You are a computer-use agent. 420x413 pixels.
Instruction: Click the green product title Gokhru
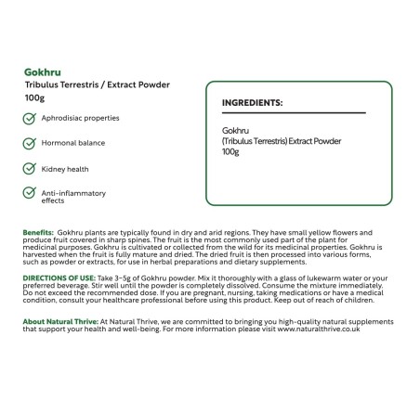click(x=42, y=71)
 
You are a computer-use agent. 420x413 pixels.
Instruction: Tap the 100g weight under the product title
click(x=35, y=97)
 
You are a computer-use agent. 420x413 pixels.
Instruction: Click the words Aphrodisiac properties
click(x=80, y=119)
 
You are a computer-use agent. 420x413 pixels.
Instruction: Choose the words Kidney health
click(x=66, y=169)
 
